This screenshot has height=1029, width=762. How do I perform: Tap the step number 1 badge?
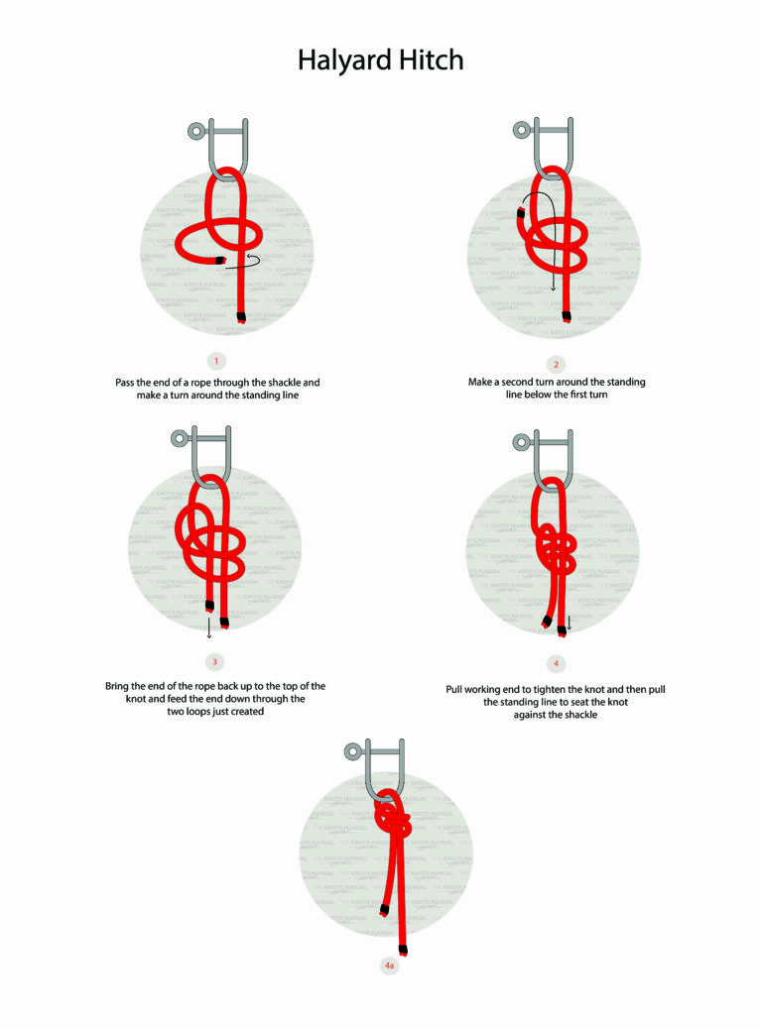coord(218,360)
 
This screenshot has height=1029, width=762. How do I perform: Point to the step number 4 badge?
coord(556,662)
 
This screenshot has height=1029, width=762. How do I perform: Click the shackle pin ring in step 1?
coord(195,129)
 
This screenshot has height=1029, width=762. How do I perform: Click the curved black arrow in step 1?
coord(250,261)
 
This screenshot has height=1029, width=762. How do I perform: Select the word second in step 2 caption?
coord(537,382)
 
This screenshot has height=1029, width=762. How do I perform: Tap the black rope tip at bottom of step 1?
coord(241,317)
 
